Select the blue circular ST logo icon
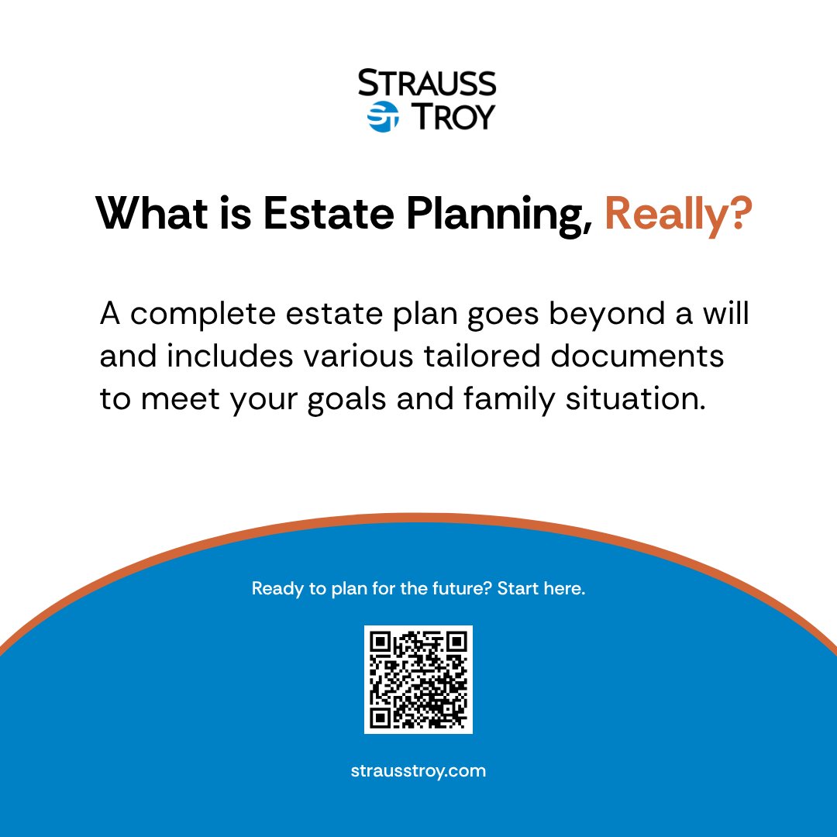click(382, 117)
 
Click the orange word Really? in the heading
click(678, 213)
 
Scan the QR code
click(418, 680)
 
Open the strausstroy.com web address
click(418, 771)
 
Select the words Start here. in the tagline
click(541, 588)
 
